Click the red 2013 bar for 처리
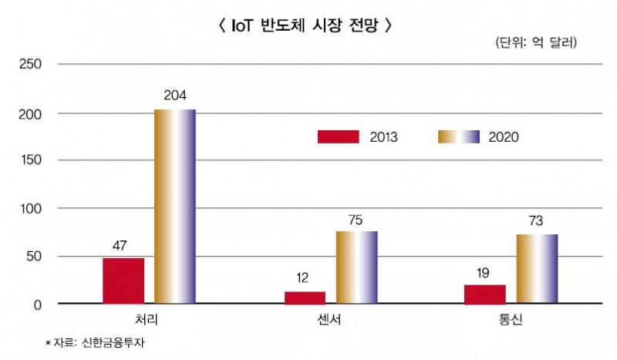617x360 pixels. click(123, 281)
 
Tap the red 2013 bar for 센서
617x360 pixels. click(305, 298)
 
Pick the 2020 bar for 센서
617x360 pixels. click(356, 267)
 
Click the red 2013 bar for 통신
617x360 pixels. click(485, 294)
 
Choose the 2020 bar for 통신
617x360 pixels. click(537, 268)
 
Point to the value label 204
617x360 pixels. click(175, 96)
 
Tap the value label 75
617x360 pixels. click(356, 218)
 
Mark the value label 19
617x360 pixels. click(485, 272)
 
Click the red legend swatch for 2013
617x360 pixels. click(339, 136)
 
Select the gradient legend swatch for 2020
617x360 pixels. click(459, 136)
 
